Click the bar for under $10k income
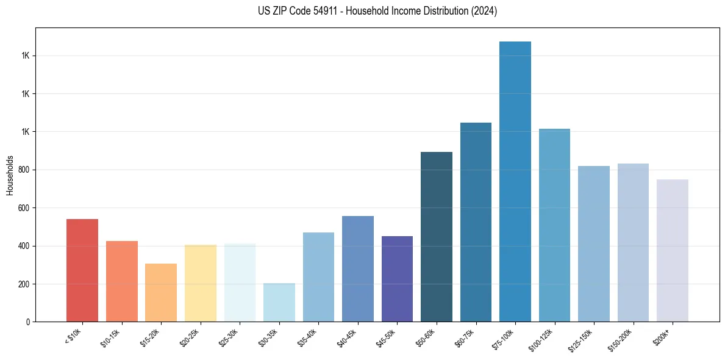82,270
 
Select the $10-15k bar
121,281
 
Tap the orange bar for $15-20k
161,293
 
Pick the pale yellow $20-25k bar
200,283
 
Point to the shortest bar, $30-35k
279,303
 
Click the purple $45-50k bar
397,279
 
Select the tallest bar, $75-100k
515,182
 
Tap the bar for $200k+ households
672,251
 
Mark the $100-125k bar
554,225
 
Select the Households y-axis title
10,175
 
